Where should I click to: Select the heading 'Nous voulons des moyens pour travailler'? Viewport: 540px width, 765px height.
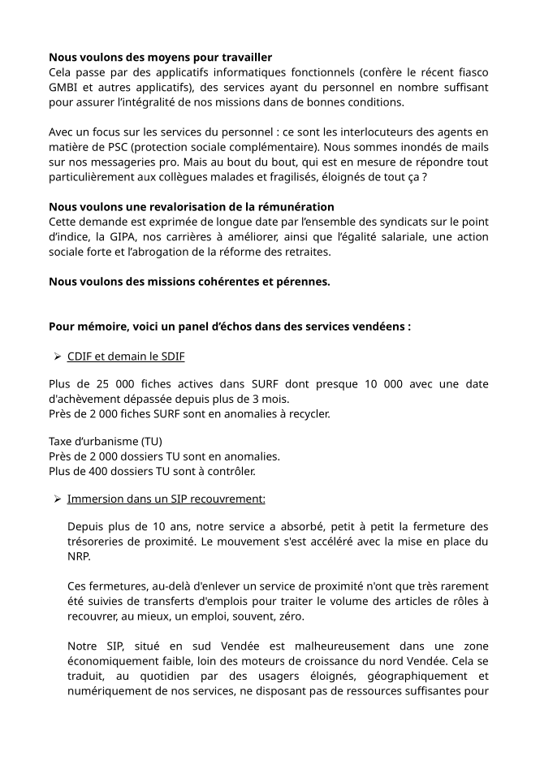(160, 58)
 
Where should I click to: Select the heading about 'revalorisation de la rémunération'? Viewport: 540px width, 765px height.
(191, 207)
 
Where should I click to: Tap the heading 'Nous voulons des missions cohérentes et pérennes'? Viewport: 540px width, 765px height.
(189, 282)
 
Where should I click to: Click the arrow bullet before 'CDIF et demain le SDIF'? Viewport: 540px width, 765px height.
(58, 357)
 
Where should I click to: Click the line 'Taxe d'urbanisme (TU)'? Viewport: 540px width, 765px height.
(106, 442)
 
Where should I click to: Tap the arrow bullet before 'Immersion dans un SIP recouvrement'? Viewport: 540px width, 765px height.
(58, 499)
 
